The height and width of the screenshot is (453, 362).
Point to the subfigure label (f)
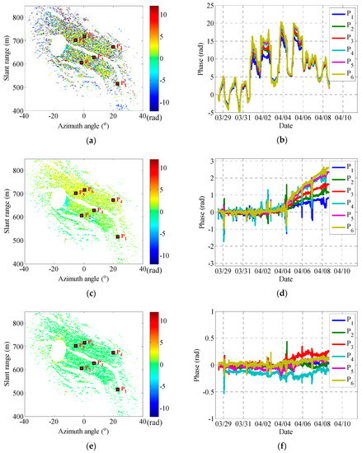click(273, 446)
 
